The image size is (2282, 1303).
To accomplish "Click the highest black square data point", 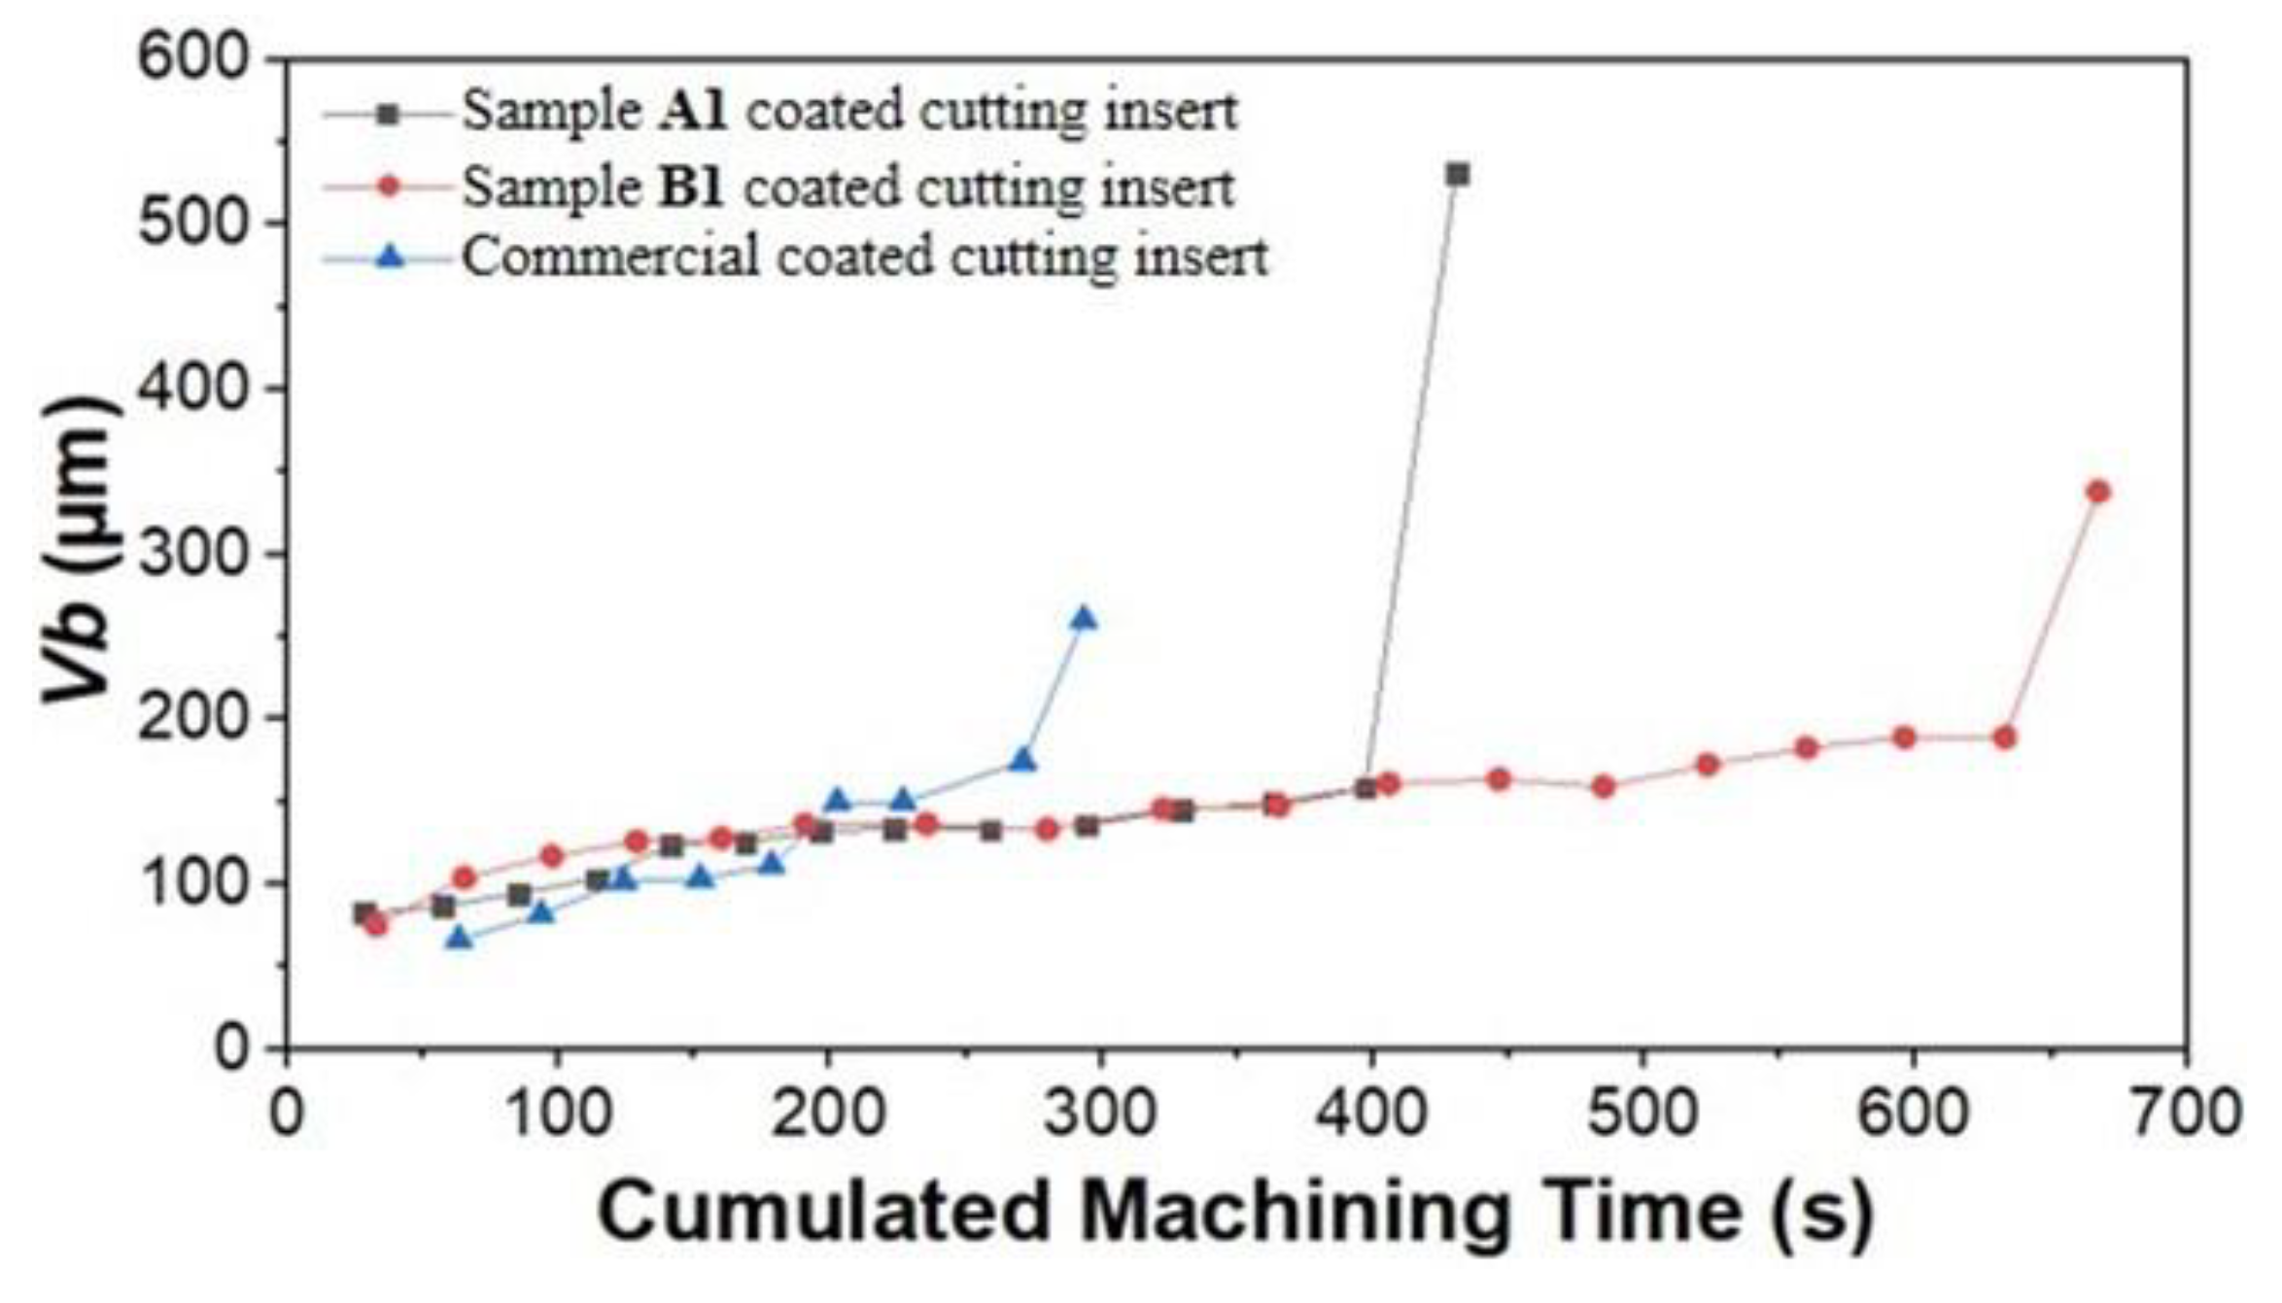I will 1457,175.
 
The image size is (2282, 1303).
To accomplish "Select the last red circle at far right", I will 2098,492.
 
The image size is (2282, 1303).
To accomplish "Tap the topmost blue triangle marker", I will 1083,618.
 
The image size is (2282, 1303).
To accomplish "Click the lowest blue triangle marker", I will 459,937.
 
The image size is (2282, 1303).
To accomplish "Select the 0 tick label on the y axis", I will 230,1047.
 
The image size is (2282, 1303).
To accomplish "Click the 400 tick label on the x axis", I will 1370,1114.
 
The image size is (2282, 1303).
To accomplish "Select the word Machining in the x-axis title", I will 1294,1211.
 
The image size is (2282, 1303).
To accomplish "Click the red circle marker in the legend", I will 388,187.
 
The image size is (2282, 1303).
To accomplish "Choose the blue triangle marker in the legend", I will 389,257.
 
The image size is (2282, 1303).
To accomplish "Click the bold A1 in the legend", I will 692,111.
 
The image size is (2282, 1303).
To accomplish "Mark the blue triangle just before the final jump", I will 1022,760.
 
